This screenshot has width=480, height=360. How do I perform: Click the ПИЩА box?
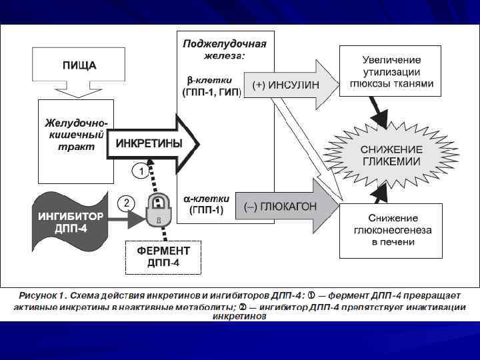coord(79,65)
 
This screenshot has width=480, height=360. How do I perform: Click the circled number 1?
coord(141,171)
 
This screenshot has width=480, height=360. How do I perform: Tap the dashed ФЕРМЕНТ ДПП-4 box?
coord(163,257)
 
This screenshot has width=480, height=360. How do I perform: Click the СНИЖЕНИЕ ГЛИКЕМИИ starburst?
coord(391,155)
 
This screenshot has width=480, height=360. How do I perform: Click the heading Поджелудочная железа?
coord(225,49)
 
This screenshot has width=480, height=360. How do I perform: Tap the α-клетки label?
coord(207,199)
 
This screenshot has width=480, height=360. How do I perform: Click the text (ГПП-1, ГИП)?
coord(212,91)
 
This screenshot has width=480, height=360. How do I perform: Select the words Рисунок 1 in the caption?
coord(43,295)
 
